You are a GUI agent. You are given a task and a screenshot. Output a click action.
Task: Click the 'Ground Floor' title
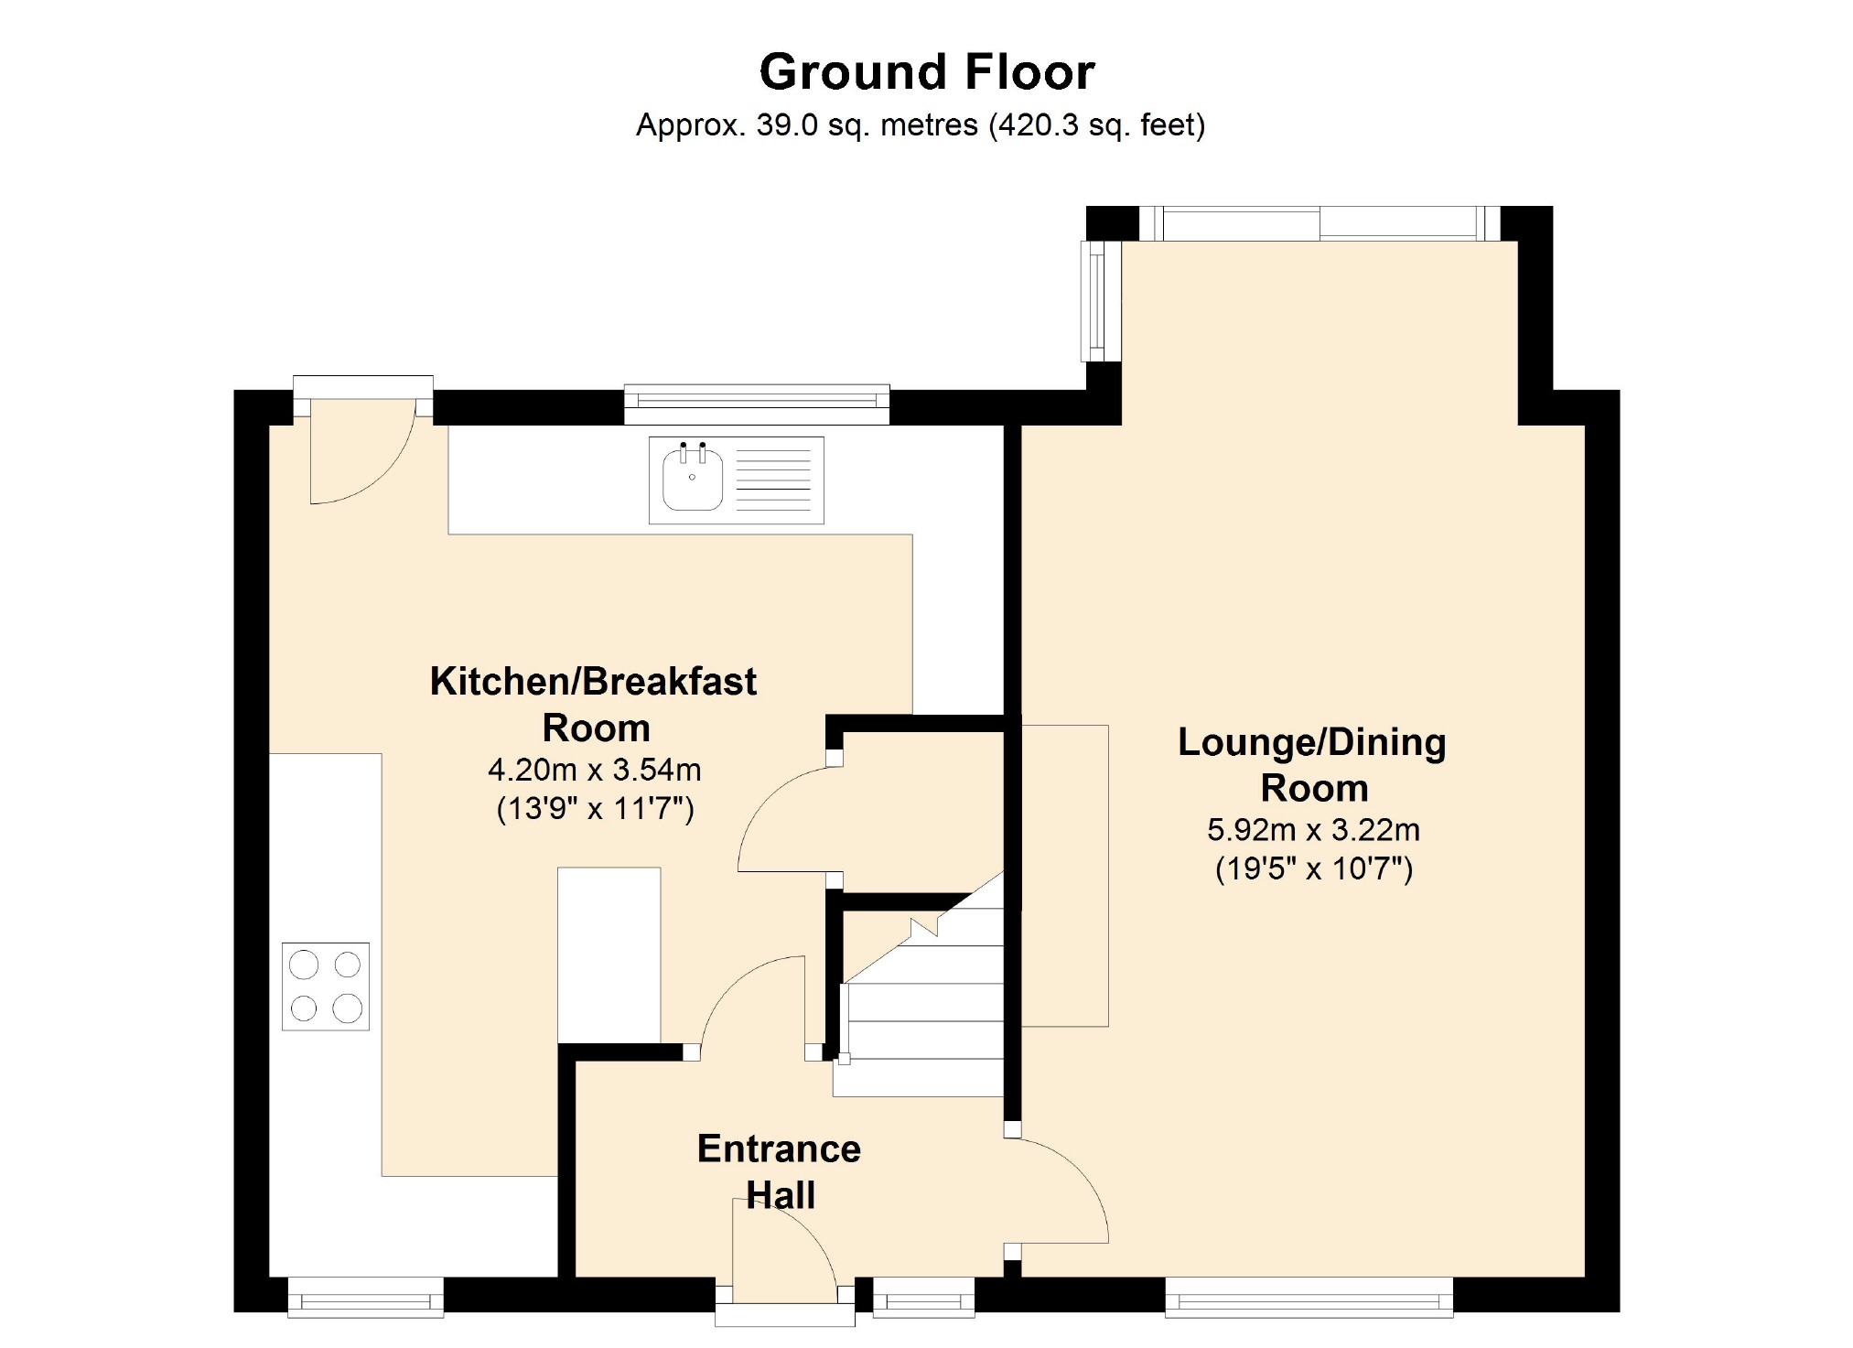[x=927, y=71]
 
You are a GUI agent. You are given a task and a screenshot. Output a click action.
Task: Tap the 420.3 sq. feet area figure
[x=1096, y=124]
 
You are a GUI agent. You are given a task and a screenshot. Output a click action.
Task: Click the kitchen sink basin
[x=693, y=478]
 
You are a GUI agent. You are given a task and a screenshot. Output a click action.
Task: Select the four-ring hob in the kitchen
[x=326, y=987]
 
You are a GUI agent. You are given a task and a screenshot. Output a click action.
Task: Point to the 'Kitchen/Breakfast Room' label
[x=594, y=705]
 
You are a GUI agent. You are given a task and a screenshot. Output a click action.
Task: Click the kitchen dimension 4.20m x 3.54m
[x=595, y=770]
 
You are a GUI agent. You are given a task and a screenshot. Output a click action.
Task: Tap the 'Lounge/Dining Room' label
[x=1312, y=765]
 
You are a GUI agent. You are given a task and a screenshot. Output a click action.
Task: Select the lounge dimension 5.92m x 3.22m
[x=1313, y=830]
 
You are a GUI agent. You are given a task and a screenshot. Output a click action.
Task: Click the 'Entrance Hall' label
[x=780, y=1171]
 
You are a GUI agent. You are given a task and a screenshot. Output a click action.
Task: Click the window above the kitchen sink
[x=757, y=404]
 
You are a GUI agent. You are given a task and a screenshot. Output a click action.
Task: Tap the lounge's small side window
[x=1101, y=301]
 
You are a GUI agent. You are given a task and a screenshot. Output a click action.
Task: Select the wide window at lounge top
[x=1320, y=222]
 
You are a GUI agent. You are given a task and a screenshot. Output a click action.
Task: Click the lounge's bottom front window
[x=1309, y=1297]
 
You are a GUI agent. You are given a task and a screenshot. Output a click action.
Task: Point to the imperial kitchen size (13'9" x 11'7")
[x=595, y=809]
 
